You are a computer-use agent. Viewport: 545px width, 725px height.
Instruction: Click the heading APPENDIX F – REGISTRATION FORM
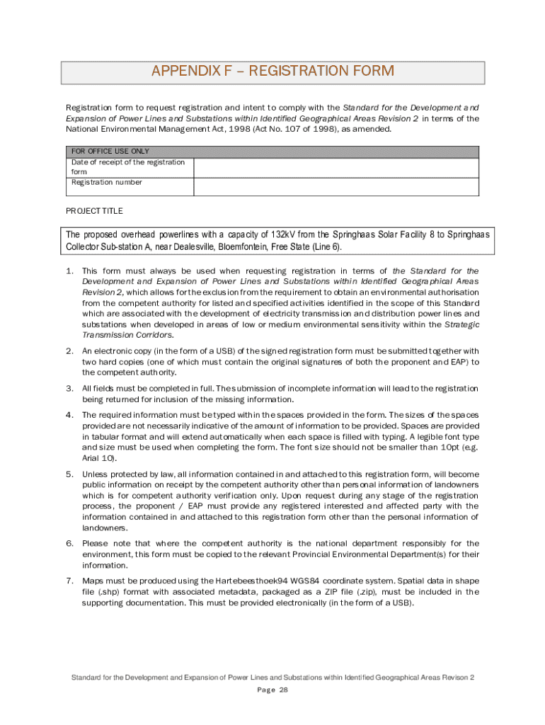click(x=272, y=72)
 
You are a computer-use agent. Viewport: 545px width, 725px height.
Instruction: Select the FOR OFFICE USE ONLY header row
click(x=272, y=152)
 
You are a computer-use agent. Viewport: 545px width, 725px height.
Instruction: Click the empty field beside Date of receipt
click(x=336, y=167)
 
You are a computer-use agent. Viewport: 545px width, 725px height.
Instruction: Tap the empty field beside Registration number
click(x=336, y=186)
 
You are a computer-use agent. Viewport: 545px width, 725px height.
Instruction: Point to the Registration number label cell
click(x=107, y=183)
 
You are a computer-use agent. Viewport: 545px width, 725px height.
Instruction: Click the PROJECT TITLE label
click(x=94, y=211)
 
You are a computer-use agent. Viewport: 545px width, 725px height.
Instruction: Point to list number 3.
click(x=69, y=389)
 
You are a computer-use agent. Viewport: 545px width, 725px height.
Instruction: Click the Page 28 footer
click(x=272, y=690)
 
